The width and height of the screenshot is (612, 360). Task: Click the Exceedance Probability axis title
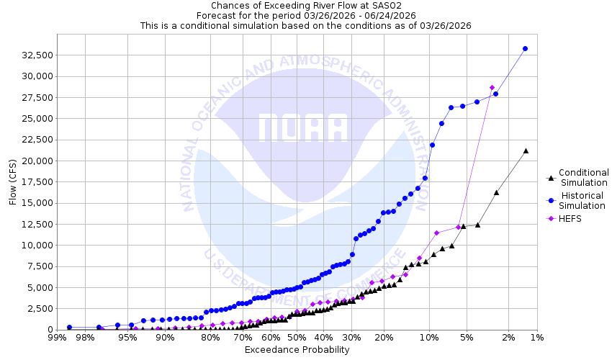click(x=297, y=350)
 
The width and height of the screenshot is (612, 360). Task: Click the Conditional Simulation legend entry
click(x=583, y=177)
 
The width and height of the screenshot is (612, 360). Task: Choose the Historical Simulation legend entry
click(x=583, y=200)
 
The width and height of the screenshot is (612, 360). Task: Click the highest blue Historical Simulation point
click(x=525, y=49)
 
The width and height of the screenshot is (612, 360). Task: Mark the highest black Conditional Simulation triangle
click(x=526, y=150)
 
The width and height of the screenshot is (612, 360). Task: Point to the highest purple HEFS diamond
click(x=492, y=88)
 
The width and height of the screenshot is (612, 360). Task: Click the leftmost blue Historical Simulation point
click(x=69, y=328)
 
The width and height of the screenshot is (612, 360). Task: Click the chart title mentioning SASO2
click(x=306, y=5)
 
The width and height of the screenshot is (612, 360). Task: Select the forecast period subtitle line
click(x=306, y=15)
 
